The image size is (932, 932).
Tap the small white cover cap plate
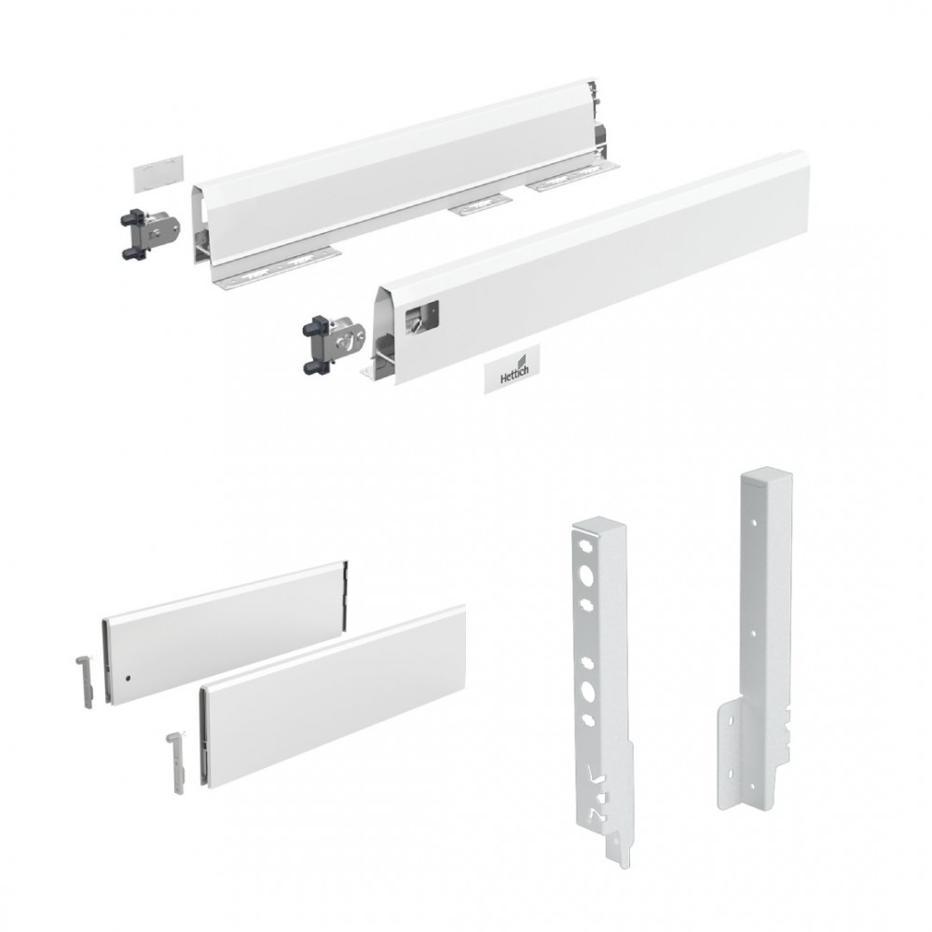point(158,173)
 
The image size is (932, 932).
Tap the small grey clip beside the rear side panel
point(85,681)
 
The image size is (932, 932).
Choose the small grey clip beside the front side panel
point(177,764)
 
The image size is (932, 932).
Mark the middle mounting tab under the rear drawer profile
point(480,204)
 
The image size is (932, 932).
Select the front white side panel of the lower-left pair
point(333,698)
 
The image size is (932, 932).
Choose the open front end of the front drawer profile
point(380,339)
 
